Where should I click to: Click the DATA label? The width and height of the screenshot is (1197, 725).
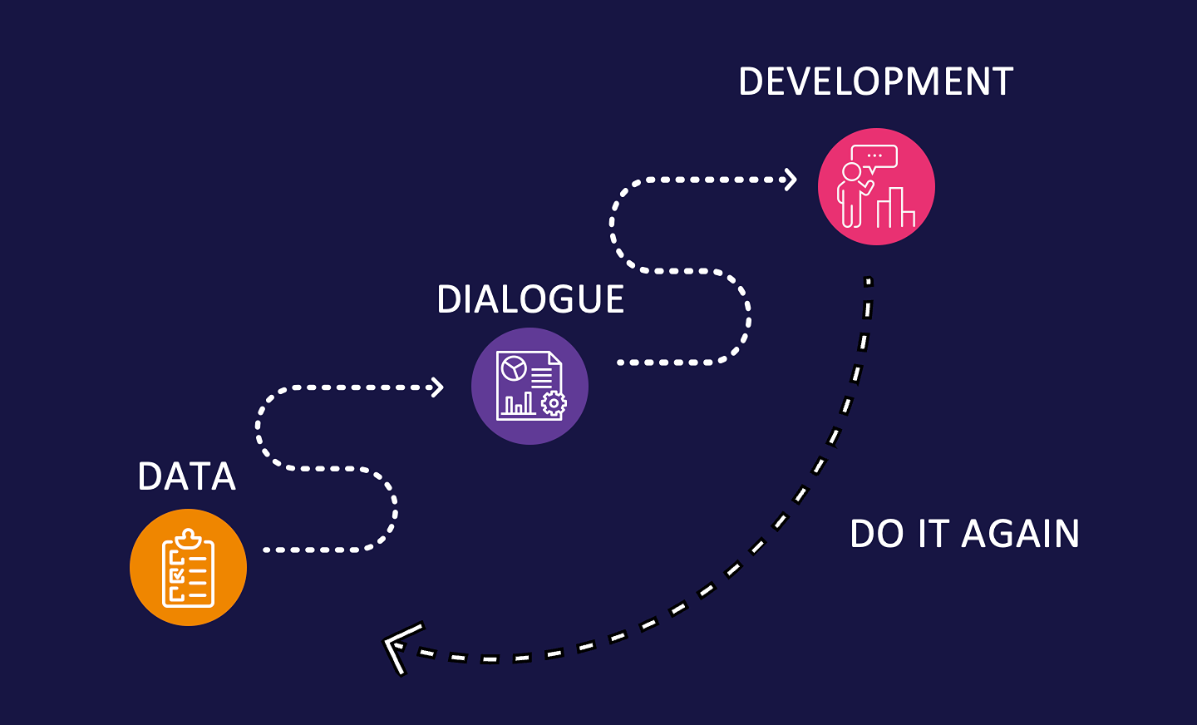point(187,477)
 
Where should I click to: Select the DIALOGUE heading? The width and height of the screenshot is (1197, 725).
point(530,300)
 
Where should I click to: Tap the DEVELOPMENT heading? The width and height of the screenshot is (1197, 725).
point(875,82)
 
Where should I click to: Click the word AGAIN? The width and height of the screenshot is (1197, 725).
point(1020,534)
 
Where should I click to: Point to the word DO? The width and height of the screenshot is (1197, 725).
point(876,534)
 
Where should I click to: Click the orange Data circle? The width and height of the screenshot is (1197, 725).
point(188,567)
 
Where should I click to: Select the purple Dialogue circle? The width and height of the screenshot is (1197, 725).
point(530,386)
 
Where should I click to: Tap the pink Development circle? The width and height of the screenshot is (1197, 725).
point(876,186)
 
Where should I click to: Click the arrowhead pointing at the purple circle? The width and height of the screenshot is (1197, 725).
point(437,387)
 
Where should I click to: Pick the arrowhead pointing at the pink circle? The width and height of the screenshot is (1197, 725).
point(791,180)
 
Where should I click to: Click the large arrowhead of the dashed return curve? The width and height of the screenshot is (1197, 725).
point(399,647)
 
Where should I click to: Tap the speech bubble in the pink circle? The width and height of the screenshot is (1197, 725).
point(874,156)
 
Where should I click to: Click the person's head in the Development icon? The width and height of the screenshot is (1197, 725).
point(852,171)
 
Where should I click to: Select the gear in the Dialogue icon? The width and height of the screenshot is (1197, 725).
point(554,404)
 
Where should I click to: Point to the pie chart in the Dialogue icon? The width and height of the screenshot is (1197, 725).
point(513,367)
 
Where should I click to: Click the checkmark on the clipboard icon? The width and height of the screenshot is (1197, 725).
point(176,575)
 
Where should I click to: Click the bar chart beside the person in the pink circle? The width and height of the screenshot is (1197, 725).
point(896,209)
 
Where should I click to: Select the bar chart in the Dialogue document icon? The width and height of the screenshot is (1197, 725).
point(519,404)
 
